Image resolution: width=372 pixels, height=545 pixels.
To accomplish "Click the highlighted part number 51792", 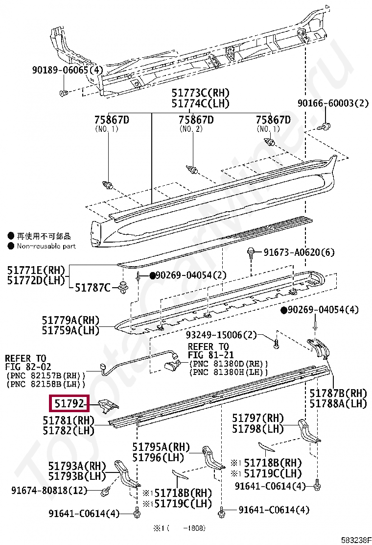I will (x=69, y=404).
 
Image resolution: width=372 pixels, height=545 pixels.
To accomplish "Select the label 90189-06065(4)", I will (x=68, y=71).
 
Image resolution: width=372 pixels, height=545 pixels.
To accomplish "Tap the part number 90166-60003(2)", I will (x=332, y=103).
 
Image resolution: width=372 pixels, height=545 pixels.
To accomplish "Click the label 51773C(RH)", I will (x=200, y=93).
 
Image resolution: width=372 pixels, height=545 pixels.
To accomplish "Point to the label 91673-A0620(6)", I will (x=299, y=252).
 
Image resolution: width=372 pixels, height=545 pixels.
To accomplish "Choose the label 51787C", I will (x=93, y=288).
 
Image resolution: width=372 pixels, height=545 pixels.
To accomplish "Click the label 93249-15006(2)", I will (x=221, y=335).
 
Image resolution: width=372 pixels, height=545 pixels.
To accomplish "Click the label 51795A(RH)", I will (x=161, y=447).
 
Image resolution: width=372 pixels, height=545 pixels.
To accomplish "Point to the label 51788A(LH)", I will (x=338, y=403).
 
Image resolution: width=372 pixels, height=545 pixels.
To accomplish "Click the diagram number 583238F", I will (x=356, y=540).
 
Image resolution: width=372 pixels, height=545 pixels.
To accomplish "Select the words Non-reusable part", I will (x=46, y=246).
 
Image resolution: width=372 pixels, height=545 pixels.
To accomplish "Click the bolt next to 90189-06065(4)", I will (x=63, y=93).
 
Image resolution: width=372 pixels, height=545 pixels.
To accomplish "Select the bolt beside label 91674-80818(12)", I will (x=106, y=490).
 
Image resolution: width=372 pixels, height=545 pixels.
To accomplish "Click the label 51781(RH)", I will (x=68, y=421).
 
